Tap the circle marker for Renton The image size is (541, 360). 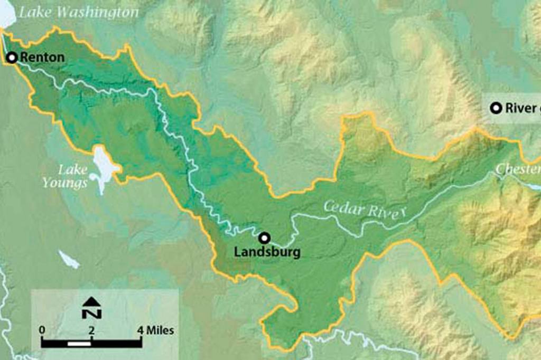coord(11,57)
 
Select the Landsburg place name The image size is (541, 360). coord(267,252)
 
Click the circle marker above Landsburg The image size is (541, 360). coord(264,238)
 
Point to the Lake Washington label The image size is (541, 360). coord(79,12)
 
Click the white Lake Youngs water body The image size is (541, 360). coord(104,164)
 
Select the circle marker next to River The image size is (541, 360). coord(496,108)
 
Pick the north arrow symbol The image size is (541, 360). coord(92,302)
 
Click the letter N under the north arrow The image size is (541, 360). coord(92,313)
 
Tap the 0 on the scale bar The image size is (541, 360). coord(42,331)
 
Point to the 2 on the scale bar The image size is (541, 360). coord(91,331)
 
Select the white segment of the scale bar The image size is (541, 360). coord(79,344)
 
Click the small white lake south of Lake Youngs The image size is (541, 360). coord(69,259)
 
